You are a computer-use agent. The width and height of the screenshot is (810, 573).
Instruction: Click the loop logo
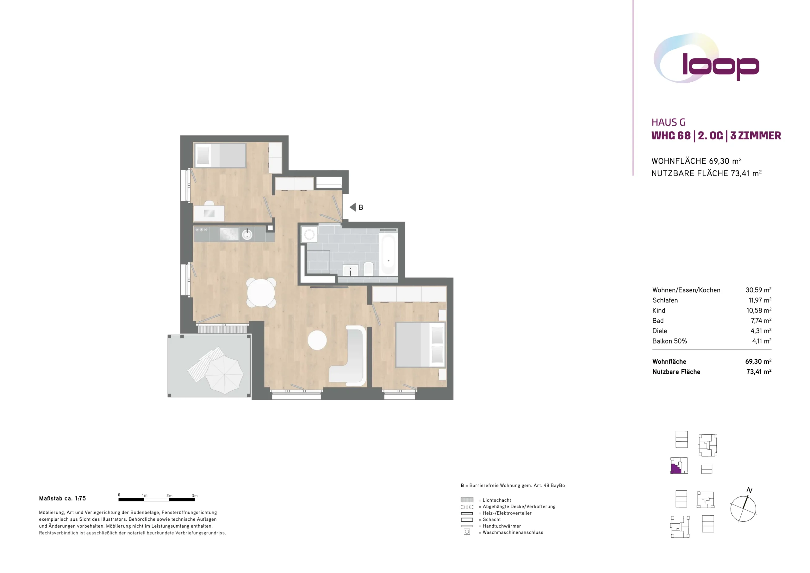pyautogui.click(x=706, y=59)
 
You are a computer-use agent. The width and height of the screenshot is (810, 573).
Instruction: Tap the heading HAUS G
pyautogui.click(x=669, y=123)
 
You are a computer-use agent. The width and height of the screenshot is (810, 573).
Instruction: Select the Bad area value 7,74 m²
pyautogui.click(x=761, y=321)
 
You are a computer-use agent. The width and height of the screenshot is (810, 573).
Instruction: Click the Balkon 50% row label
pyautogui.click(x=670, y=341)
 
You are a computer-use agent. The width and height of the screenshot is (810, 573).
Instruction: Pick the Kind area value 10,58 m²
pyautogui.click(x=759, y=310)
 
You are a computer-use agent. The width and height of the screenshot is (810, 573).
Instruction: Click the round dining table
pyautogui.click(x=261, y=293)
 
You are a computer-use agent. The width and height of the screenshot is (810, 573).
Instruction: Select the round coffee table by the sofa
pyautogui.click(x=317, y=340)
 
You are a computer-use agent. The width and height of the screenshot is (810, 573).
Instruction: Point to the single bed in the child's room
pyautogui.click(x=220, y=155)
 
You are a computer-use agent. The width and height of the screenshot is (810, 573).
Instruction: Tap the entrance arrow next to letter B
pyautogui.click(x=352, y=207)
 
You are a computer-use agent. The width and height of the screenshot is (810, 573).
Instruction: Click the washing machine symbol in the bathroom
pyautogui.click(x=309, y=235)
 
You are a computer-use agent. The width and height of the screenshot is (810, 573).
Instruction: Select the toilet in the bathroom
pyautogui.click(x=368, y=269)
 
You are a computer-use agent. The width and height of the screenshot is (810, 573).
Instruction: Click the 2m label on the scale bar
pyautogui.click(x=169, y=496)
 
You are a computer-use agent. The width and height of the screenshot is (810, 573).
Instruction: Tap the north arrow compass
pyautogui.click(x=743, y=508)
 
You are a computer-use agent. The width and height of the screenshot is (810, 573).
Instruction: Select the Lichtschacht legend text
pyautogui.click(x=497, y=500)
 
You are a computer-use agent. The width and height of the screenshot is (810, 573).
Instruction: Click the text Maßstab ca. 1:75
pyautogui.click(x=62, y=499)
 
